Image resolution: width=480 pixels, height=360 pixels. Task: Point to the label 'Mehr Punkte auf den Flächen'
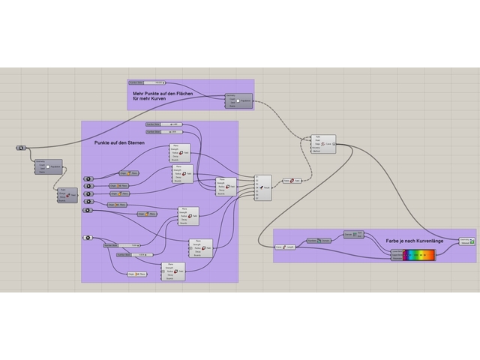163,92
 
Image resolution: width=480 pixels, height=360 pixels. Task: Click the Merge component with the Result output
262,187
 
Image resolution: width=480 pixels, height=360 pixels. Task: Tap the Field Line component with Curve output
322,143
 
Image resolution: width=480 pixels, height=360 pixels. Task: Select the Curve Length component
285,246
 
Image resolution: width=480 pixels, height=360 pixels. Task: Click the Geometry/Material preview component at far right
467,241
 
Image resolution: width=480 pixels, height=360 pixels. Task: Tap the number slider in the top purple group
147,82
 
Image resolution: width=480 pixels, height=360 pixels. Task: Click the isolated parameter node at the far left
21,148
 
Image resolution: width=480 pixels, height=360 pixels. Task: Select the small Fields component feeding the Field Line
292,181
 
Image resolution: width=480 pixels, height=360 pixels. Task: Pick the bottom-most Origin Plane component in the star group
136,274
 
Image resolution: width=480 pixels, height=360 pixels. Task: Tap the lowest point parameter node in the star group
88,238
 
